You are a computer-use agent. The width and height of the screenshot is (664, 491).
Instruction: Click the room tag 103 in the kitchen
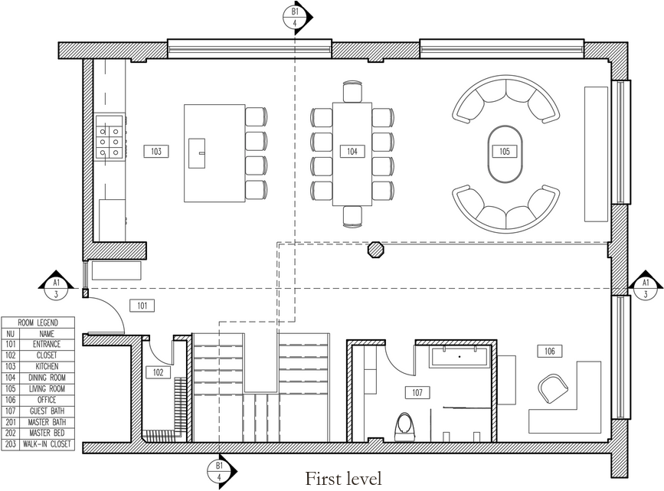coord(155,152)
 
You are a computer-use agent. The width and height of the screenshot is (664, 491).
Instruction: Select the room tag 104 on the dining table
coord(352,152)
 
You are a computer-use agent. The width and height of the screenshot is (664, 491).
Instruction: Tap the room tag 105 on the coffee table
coord(504,152)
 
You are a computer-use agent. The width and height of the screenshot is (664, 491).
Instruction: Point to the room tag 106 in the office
coord(550,351)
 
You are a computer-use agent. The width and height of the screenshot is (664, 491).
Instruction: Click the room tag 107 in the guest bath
coord(417,392)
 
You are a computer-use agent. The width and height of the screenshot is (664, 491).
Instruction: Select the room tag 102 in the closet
coord(158,373)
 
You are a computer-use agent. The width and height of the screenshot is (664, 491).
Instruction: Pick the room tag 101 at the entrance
coord(142,306)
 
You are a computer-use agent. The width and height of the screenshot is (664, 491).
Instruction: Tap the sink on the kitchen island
coord(198,152)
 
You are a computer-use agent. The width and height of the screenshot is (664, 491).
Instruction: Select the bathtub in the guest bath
coord(459,357)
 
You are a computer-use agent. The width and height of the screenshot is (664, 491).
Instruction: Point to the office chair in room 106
coord(554,388)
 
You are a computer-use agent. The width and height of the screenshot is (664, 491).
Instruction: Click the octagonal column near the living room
coord(376,250)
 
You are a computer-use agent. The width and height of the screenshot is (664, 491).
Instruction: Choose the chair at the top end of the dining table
coord(352,92)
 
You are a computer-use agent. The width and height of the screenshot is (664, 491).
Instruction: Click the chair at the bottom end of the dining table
coord(352,216)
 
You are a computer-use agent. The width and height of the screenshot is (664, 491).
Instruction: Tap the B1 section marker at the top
coord(296,17)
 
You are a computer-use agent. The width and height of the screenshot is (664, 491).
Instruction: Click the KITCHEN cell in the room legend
coord(47,367)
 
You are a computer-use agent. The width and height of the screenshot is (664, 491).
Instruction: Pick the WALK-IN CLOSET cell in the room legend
coord(47,444)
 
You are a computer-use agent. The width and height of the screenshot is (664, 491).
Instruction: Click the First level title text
coord(343,479)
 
